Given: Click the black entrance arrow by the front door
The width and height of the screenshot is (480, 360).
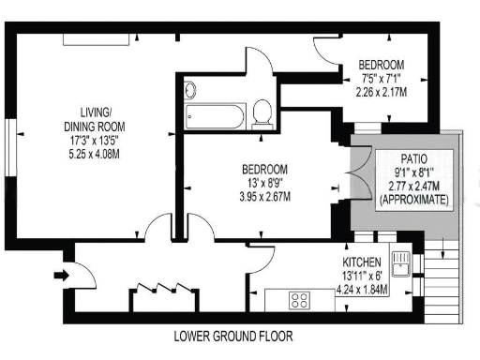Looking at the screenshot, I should click(x=61, y=276).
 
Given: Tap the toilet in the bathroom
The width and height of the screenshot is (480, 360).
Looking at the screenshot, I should click(x=263, y=113).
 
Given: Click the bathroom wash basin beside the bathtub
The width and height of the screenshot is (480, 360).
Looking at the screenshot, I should click(x=190, y=92).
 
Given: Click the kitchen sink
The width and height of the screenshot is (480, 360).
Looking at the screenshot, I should click(x=401, y=263).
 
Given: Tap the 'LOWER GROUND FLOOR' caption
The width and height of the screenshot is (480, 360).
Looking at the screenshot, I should click(x=239, y=336).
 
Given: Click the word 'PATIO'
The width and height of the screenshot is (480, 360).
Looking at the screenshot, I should click(x=413, y=160).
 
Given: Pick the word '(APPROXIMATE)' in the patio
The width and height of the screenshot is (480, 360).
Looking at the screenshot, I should click(x=413, y=200).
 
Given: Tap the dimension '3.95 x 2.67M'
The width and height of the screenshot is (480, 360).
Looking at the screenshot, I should click(x=255, y=197).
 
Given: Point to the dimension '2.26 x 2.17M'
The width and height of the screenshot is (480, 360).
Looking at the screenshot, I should click(x=382, y=92).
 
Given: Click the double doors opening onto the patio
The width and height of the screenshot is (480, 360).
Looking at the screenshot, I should click(x=355, y=180).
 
